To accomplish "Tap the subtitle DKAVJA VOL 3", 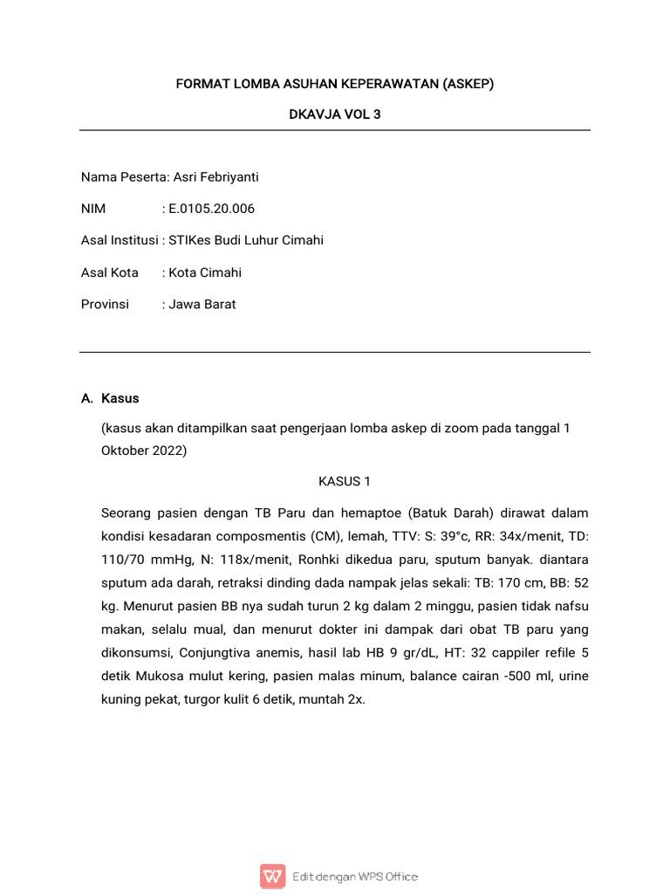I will (335, 114).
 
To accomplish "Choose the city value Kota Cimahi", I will (205, 272).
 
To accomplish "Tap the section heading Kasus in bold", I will (120, 398).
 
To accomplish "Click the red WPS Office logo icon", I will (272, 876).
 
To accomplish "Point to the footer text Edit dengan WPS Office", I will (355, 877).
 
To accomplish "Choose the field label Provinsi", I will (105, 304).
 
